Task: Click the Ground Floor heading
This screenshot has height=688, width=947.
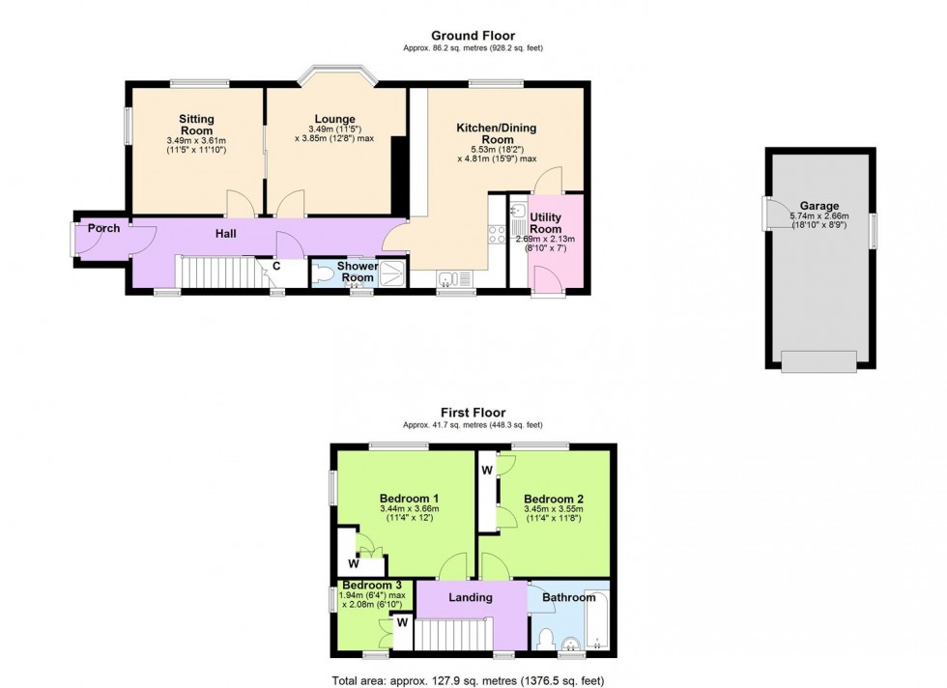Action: click(x=473, y=36)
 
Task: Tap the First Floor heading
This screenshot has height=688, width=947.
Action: click(x=473, y=414)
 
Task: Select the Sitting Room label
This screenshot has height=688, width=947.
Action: click(x=196, y=125)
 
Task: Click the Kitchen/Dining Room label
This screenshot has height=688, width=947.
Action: click(x=496, y=133)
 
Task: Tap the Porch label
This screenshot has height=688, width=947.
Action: click(x=103, y=228)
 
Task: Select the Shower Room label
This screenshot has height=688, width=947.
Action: click(x=358, y=272)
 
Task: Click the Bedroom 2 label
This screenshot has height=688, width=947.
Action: click(x=554, y=499)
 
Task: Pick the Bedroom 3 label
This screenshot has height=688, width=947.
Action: click(x=371, y=586)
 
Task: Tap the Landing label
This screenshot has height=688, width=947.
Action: click(x=471, y=597)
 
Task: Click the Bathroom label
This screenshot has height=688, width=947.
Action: click(x=568, y=597)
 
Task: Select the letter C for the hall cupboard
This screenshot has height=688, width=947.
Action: click(x=275, y=266)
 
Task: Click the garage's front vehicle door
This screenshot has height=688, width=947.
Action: click(x=818, y=360)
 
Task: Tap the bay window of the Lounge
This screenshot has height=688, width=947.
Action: click(x=335, y=74)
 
